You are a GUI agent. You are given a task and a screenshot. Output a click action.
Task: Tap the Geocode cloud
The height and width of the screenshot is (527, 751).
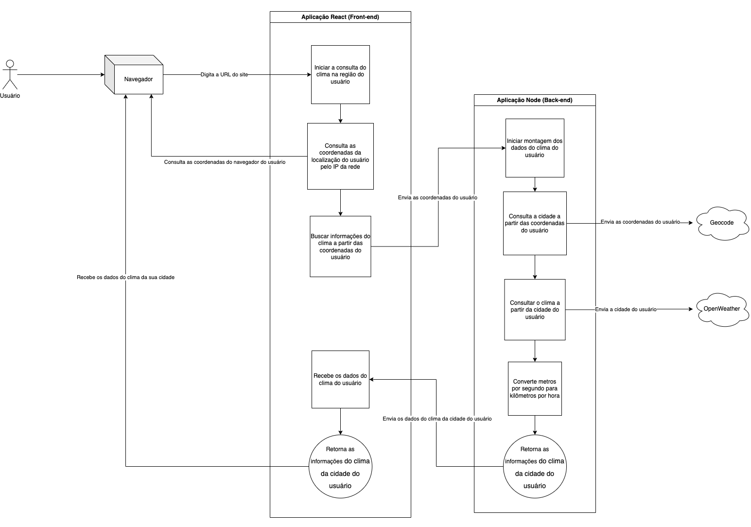[722, 223]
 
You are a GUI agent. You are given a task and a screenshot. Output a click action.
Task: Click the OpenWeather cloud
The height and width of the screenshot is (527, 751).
[722, 309]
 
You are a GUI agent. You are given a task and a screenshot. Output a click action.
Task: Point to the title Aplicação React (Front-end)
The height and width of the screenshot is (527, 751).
[340, 17]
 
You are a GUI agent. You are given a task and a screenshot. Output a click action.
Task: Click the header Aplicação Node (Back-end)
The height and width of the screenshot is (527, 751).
[535, 100]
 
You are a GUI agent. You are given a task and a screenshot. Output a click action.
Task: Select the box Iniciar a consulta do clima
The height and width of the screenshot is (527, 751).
[340, 74]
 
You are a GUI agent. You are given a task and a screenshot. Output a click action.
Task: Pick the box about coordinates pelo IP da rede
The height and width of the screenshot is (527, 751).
[340, 156]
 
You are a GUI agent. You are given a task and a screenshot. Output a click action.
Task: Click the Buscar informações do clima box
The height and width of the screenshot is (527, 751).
[340, 246]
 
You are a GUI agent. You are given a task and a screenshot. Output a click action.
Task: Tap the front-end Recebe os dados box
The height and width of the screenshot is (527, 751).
[340, 379]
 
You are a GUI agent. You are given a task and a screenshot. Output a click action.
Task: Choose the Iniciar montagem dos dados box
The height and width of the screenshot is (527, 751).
[535, 148]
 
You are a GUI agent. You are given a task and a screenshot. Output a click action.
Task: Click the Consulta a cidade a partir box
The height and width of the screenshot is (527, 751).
[535, 223]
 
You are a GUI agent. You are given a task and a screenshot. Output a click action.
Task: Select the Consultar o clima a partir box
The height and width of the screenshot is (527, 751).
[535, 310]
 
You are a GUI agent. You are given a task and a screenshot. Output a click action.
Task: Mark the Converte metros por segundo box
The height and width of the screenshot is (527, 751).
[535, 388]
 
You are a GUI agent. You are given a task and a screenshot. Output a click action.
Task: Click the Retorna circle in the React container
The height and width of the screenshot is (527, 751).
[340, 467]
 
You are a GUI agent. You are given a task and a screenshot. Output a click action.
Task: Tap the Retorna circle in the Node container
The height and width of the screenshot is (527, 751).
[535, 467]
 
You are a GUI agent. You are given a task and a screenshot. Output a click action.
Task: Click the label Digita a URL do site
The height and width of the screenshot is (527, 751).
[224, 75]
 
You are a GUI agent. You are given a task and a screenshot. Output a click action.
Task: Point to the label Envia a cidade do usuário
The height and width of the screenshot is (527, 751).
[626, 309]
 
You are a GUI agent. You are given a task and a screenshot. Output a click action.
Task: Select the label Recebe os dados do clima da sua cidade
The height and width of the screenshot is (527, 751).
[125, 277]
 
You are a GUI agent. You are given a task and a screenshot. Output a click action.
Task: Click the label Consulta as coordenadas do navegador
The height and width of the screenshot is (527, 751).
[225, 162]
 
